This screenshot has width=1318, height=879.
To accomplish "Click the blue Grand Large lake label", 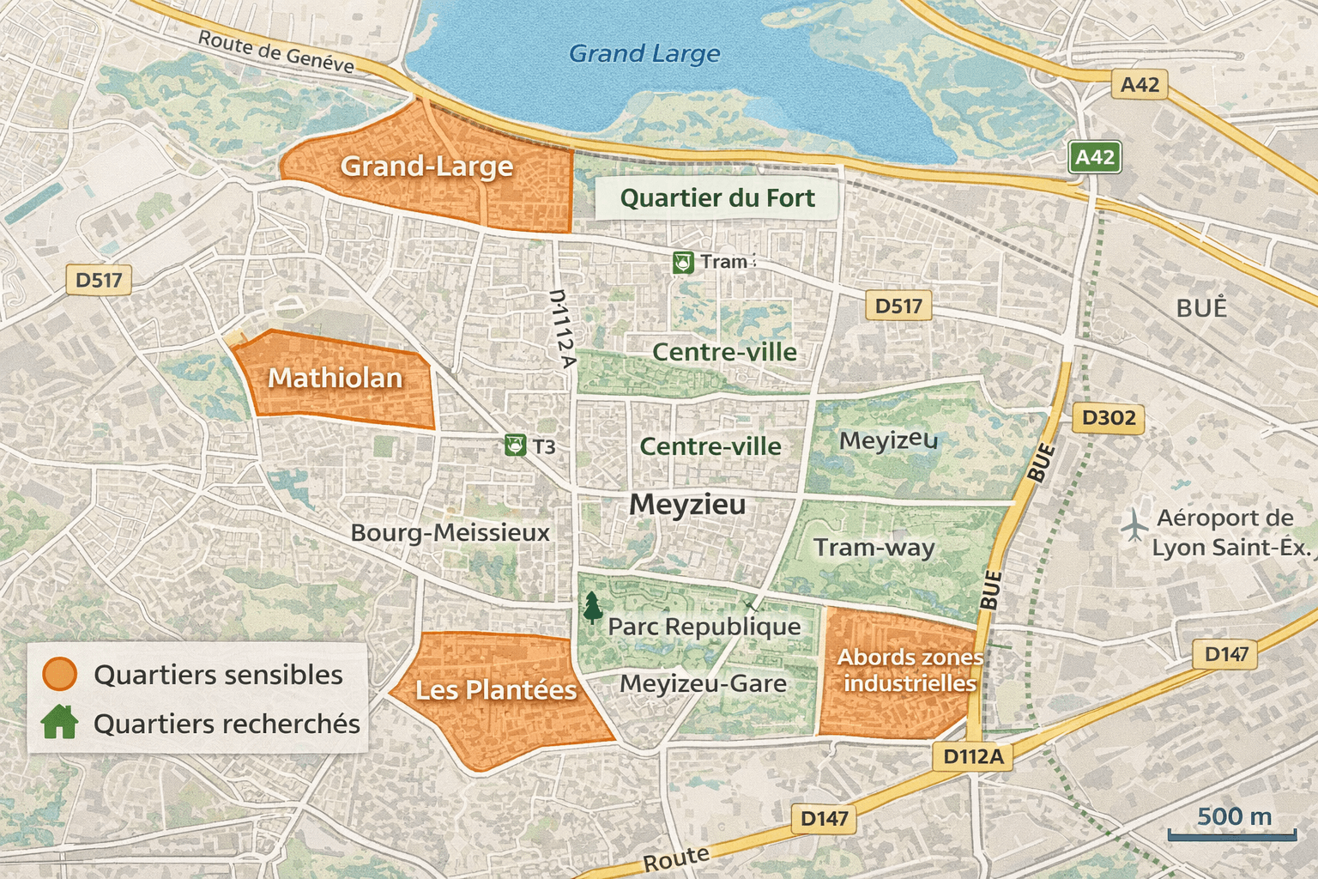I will click(x=644, y=54).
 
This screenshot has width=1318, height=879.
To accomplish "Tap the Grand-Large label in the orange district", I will click(x=426, y=166).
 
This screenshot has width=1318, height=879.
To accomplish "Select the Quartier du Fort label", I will click(x=716, y=198).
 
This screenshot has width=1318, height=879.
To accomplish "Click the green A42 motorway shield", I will click(x=1095, y=157).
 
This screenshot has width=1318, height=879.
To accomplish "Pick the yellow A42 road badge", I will click(x=1140, y=85).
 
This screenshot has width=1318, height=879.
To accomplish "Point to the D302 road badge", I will click(x=1108, y=418).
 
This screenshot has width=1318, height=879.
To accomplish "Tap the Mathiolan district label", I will click(x=335, y=378).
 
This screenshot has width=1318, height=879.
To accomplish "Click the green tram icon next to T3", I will click(x=515, y=445).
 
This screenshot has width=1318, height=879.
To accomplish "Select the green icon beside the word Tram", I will click(x=683, y=262).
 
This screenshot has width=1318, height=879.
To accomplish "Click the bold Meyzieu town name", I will click(x=687, y=504).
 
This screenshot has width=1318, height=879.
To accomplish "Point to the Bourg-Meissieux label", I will click(x=450, y=533).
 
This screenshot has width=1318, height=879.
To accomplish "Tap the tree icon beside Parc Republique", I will click(x=592, y=607).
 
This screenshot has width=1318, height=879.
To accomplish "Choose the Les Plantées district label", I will click(x=495, y=690).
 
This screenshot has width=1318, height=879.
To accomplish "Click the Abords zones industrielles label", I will click(x=910, y=670).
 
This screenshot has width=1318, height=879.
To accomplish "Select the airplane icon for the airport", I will click(x=1134, y=524).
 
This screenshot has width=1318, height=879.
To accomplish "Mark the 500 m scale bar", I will click(x=1232, y=833).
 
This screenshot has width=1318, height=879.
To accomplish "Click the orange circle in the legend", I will click(x=60, y=675).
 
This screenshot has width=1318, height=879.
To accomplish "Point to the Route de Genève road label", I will click(x=275, y=52).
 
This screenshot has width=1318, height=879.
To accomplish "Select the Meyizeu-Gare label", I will click(x=703, y=684).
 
